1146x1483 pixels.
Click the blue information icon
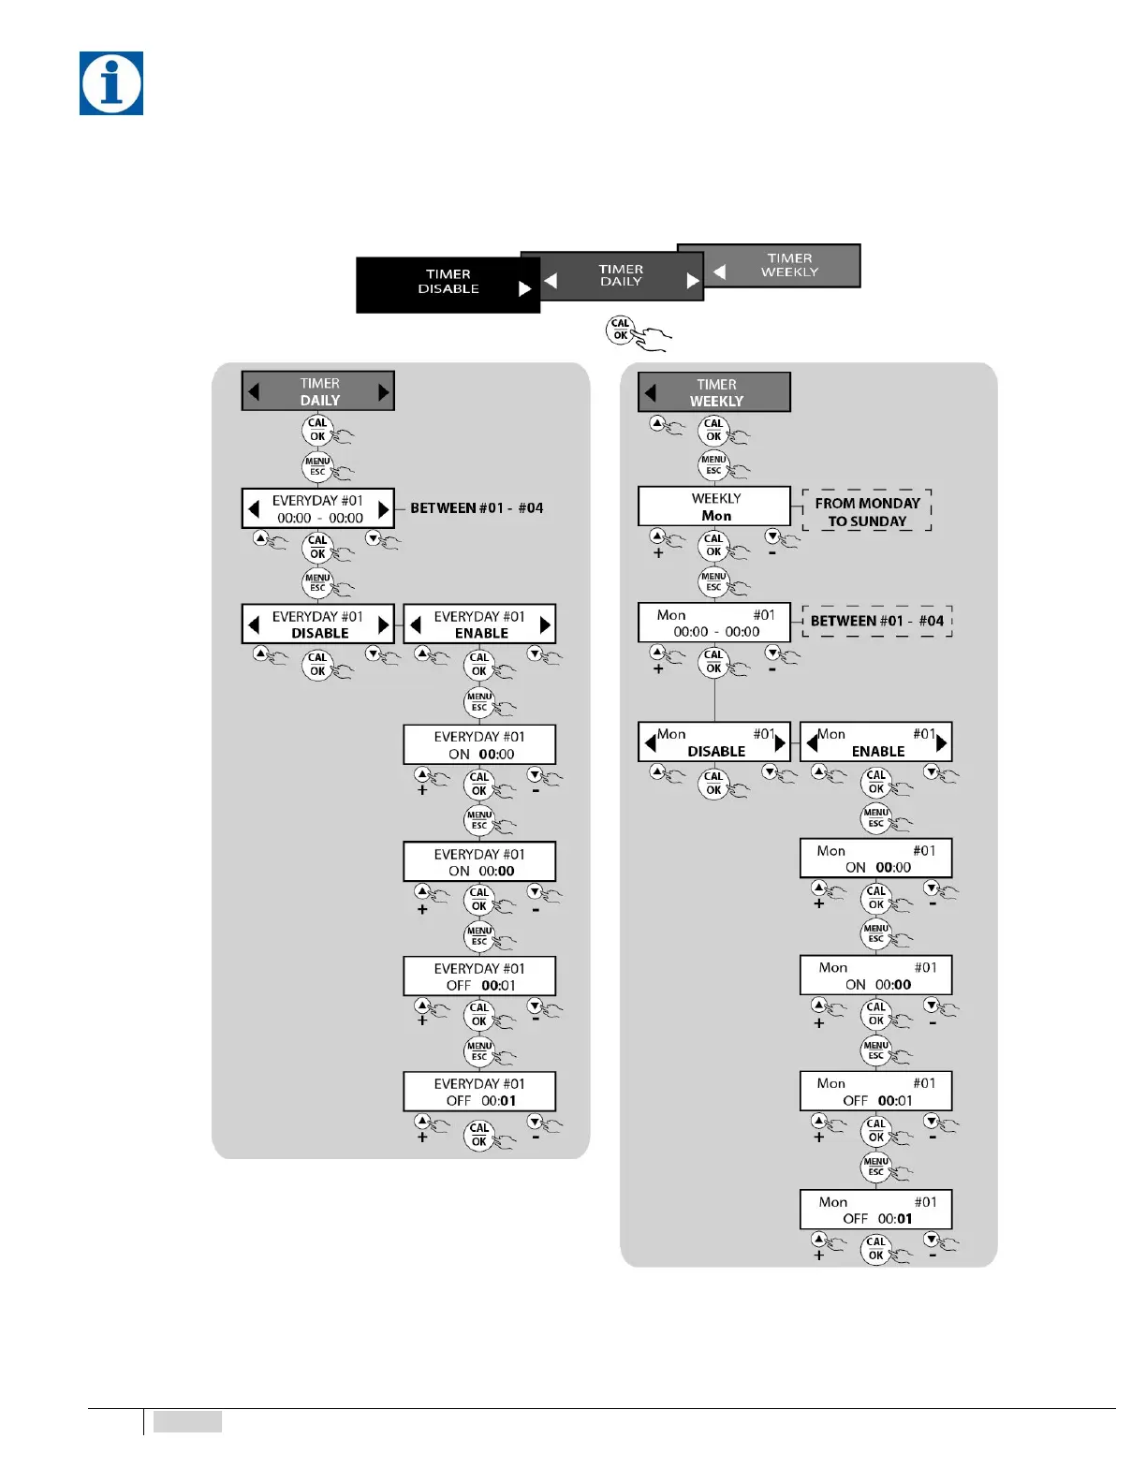(x=111, y=83)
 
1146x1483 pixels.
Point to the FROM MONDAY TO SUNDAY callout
(x=867, y=511)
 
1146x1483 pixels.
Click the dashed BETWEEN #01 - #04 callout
(x=877, y=621)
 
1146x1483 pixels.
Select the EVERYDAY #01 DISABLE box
(x=318, y=624)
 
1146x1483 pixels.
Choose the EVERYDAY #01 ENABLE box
(x=479, y=624)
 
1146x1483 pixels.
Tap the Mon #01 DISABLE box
(x=714, y=742)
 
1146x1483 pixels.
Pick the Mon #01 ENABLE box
(x=876, y=742)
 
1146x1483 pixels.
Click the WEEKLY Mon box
(x=714, y=507)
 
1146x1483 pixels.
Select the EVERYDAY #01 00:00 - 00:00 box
(x=318, y=508)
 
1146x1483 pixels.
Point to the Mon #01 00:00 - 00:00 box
(x=714, y=623)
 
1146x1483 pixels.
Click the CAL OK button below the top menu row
(x=621, y=330)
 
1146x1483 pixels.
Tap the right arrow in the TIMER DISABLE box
(x=524, y=289)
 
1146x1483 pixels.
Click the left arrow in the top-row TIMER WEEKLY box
(x=719, y=272)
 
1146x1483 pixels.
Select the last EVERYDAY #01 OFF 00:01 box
(x=479, y=1092)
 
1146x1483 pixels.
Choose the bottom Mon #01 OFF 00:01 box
(x=876, y=1210)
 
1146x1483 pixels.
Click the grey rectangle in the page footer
(x=187, y=1421)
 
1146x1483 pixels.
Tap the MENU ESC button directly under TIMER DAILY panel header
(x=317, y=466)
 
